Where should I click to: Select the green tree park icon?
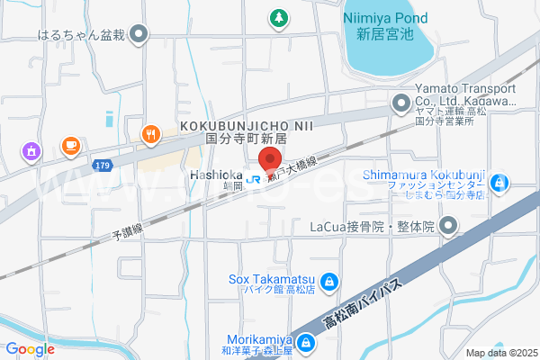pyautogui.click(x=279, y=17)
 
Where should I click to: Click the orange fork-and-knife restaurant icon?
pyautogui.click(x=149, y=135)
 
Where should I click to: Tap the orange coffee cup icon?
pyautogui.click(x=70, y=144)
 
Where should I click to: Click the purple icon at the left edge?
pyautogui.click(x=32, y=150)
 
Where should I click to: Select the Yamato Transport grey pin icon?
pyautogui.click(x=400, y=105)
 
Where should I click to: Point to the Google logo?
pyautogui.click(x=30, y=349)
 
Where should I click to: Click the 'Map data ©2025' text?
pyautogui.click(x=500, y=353)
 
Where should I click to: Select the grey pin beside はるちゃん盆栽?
pyautogui.click(x=138, y=36)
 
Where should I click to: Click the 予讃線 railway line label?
pyautogui.click(x=126, y=233)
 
